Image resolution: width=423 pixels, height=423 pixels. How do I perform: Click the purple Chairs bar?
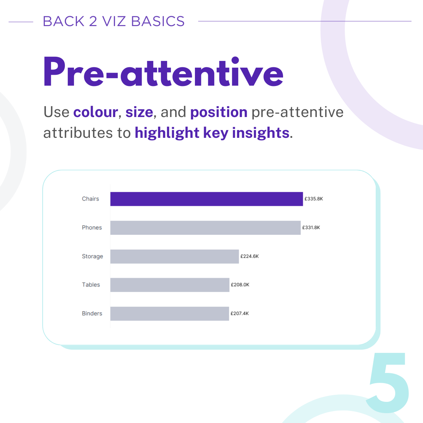click(x=207, y=199)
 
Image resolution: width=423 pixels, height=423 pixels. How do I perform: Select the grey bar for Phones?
click(x=206, y=228)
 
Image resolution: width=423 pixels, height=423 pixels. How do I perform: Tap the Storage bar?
click(x=174, y=256)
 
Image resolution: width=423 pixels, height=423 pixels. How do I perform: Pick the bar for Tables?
click(x=170, y=285)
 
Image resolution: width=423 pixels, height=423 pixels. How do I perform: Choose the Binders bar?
click(x=170, y=314)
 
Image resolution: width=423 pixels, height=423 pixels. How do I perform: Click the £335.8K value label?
click(x=314, y=199)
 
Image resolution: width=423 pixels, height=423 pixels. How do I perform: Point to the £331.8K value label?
click(x=311, y=228)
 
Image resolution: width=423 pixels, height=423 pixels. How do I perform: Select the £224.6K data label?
click(x=250, y=256)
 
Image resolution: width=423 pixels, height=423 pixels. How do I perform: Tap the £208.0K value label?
click(x=240, y=285)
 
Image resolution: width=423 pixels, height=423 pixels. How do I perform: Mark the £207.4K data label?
click(x=240, y=313)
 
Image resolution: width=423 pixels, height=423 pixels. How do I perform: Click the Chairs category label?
click(x=91, y=199)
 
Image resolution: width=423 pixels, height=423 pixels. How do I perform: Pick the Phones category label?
click(x=92, y=228)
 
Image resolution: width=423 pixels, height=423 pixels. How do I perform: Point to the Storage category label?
click(x=92, y=257)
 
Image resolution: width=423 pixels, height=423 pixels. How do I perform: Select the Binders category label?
click(x=92, y=313)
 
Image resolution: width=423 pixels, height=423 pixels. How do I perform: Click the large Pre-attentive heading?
click(x=163, y=72)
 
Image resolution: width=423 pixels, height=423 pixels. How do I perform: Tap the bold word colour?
click(x=96, y=112)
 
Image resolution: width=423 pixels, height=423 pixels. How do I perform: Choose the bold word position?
click(x=219, y=112)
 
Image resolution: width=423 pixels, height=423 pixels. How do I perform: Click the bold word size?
click(x=139, y=112)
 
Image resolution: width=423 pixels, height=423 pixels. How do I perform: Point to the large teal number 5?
click(x=387, y=383)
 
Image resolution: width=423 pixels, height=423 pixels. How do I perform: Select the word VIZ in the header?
click(x=114, y=21)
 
